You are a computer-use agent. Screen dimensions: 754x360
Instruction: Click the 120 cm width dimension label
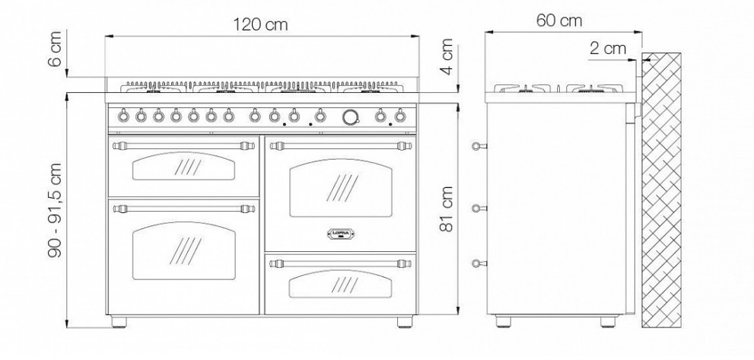point(261,24)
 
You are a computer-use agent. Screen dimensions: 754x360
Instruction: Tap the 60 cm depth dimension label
point(558,21)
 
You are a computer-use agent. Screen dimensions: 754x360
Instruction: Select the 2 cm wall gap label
point(608,48)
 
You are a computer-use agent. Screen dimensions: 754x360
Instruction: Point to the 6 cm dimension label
point(56,48)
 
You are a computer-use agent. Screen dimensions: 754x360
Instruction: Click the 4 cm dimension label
point(447,56)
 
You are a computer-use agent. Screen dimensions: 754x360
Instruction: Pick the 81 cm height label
point(447,209)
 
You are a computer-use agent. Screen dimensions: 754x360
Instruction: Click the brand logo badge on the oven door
point(340,234)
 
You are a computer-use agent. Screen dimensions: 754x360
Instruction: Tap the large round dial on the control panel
point(351,116)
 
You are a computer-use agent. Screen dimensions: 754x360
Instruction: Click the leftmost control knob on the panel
point(123,116)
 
